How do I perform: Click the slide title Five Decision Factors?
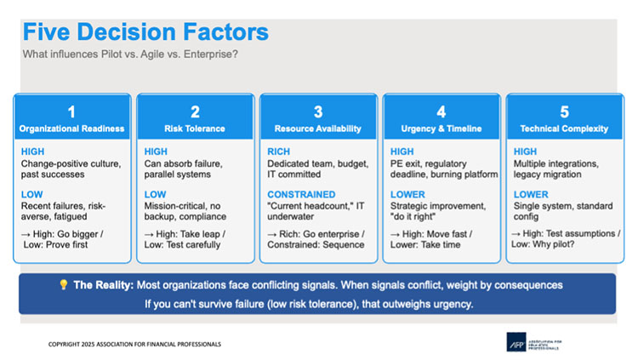pos(145,31)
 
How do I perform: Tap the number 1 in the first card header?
pos(71,111)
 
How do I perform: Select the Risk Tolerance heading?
pos(195,129)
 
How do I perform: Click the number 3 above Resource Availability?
pos(318,111)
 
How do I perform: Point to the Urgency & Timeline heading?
pos(441,129)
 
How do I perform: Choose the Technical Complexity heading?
pos(564,129)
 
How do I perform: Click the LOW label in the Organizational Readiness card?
pos(32,194)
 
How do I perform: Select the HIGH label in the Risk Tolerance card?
pos(157,151)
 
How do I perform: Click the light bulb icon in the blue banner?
pos(63,284)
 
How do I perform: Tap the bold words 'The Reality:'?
pos(104,284)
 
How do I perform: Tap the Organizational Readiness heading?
pos(71,129)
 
